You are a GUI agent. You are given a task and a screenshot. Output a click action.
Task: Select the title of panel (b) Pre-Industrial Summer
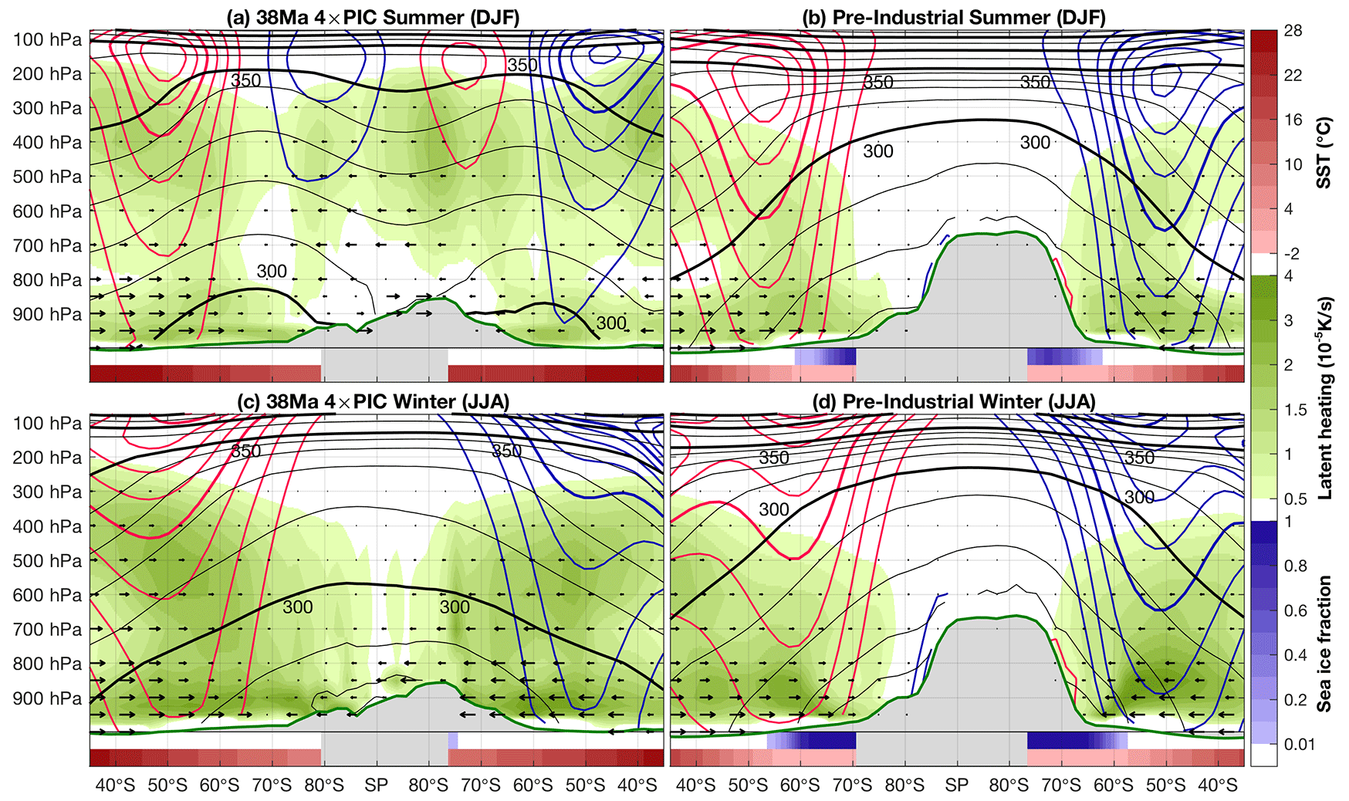point(954,17)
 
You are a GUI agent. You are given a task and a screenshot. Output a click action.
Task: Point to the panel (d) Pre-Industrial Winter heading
point(954,401)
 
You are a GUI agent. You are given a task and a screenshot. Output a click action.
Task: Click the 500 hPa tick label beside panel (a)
point(47,177)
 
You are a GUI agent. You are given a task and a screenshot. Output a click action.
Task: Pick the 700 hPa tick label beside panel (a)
point(47,245)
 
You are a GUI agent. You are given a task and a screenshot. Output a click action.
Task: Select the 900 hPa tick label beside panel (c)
point(47,698)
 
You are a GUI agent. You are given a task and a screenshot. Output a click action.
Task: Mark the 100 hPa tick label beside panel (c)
point(47,424)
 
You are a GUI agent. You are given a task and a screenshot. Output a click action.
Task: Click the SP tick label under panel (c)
point(377,786)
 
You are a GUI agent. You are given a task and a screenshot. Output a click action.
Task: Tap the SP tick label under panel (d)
point(956,786)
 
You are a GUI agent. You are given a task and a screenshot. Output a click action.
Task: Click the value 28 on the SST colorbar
point(1293,31)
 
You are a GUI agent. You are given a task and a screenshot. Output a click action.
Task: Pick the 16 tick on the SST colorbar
point(1293,120)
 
